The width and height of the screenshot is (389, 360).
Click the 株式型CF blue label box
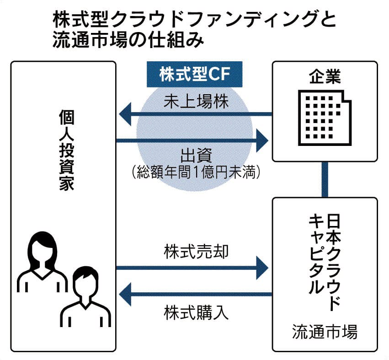click(194, 75)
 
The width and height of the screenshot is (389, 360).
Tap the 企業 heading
click(325, 76)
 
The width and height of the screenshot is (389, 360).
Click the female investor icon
click(42, 261)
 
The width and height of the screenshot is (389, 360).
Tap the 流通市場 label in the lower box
click(325, 332)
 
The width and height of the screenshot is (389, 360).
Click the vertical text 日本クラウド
click(335, 261)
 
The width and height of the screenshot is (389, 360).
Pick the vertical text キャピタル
click(315, 254)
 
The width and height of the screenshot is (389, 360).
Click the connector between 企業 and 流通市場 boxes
click(325, 179)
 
